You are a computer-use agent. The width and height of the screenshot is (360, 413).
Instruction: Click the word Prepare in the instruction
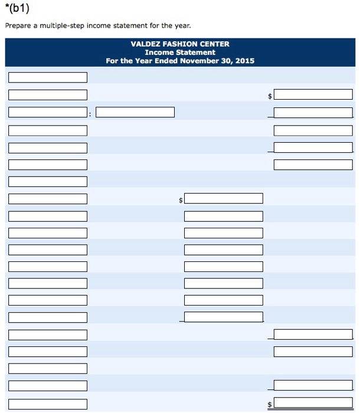point(18,26)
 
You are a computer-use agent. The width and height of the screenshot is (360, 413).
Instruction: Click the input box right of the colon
point(135,112)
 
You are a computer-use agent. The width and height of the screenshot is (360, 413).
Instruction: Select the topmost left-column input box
point(48,77)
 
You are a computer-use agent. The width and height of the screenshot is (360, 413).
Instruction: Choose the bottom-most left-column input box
point(48,404)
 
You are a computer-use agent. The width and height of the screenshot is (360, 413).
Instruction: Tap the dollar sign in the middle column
point(181,201)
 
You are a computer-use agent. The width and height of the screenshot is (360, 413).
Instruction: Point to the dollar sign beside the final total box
point(270,405)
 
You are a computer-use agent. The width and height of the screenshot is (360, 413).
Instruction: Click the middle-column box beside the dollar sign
point(223,199)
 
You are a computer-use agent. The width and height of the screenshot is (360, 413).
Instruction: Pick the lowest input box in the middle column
point(223,317)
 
